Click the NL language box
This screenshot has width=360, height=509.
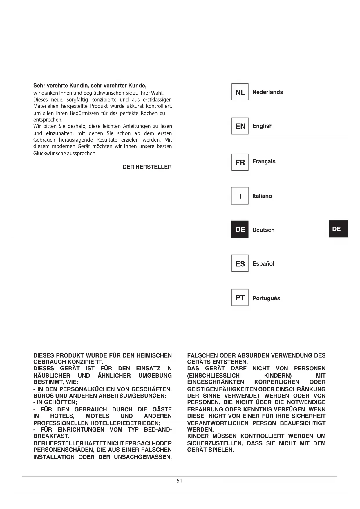240,92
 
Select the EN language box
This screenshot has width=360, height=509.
240,126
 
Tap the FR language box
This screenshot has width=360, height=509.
240,162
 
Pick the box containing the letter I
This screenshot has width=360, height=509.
240,196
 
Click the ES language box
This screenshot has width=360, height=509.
240,263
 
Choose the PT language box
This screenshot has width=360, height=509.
240,297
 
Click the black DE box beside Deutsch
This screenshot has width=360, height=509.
240,229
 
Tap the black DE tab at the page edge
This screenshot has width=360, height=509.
338,229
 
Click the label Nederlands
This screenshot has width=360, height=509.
267,92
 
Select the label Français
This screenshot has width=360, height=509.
264,161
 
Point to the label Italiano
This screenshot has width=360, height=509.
262,196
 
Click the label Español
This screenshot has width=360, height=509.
263,263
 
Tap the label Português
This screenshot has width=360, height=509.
266,298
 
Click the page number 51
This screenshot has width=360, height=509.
180,481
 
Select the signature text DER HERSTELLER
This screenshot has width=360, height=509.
147,167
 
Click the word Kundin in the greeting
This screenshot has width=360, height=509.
78,86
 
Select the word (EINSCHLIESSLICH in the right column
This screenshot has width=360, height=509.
214,376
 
